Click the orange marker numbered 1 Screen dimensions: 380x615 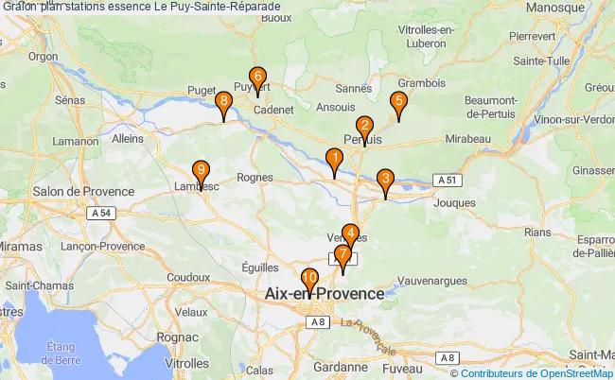[334, 160]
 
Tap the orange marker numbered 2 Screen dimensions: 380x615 [364, 128]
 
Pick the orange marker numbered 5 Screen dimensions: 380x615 [398, 103]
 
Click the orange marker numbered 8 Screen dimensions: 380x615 [222, 103]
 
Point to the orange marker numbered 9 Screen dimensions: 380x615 [201, 172]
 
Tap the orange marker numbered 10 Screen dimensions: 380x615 [309, 280]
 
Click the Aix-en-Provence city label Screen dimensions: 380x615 [325, 294]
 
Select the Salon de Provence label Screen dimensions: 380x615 [83, 191]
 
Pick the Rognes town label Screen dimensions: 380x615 [255, 177]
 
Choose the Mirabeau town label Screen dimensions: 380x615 [466, 138]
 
